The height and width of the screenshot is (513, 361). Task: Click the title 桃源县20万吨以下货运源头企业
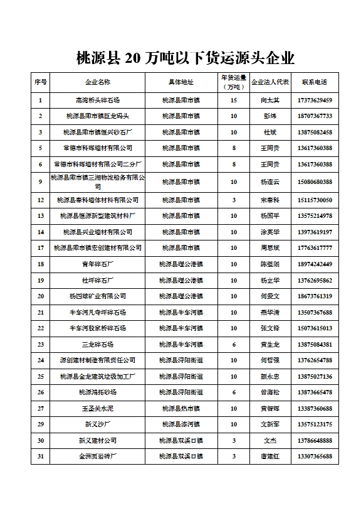(185, 58)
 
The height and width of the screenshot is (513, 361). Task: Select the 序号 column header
(40, 82)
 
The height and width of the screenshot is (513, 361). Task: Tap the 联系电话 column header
(314, 82)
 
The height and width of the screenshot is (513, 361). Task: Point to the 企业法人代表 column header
(270, 82)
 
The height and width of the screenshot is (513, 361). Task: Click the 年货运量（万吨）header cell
(233, 82)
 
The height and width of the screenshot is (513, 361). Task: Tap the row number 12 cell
(40, 200)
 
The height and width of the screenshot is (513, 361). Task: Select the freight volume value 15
(233, 100)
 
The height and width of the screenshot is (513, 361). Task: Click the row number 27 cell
(40, 408)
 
